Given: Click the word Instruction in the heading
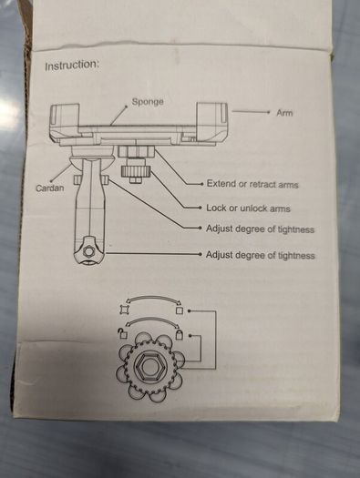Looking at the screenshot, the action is (72, 65).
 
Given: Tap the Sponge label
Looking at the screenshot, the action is (148, 101).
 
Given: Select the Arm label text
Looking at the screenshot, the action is (284, 113).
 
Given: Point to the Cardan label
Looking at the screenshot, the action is (50, 188).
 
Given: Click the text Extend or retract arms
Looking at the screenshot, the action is (252, 184).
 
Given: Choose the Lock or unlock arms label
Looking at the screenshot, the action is (248, 208).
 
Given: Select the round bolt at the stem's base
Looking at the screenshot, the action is (88, 251).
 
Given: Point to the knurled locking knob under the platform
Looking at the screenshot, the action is (136, 172).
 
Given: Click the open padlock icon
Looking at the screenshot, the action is (123, 333).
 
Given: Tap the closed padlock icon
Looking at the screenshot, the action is (179, 334).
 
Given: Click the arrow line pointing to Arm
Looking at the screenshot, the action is (251, 112).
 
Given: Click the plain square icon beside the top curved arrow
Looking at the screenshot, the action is (180, 310).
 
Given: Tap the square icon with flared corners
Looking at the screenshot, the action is (123, 310).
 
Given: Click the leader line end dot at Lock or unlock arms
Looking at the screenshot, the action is (200, 208).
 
